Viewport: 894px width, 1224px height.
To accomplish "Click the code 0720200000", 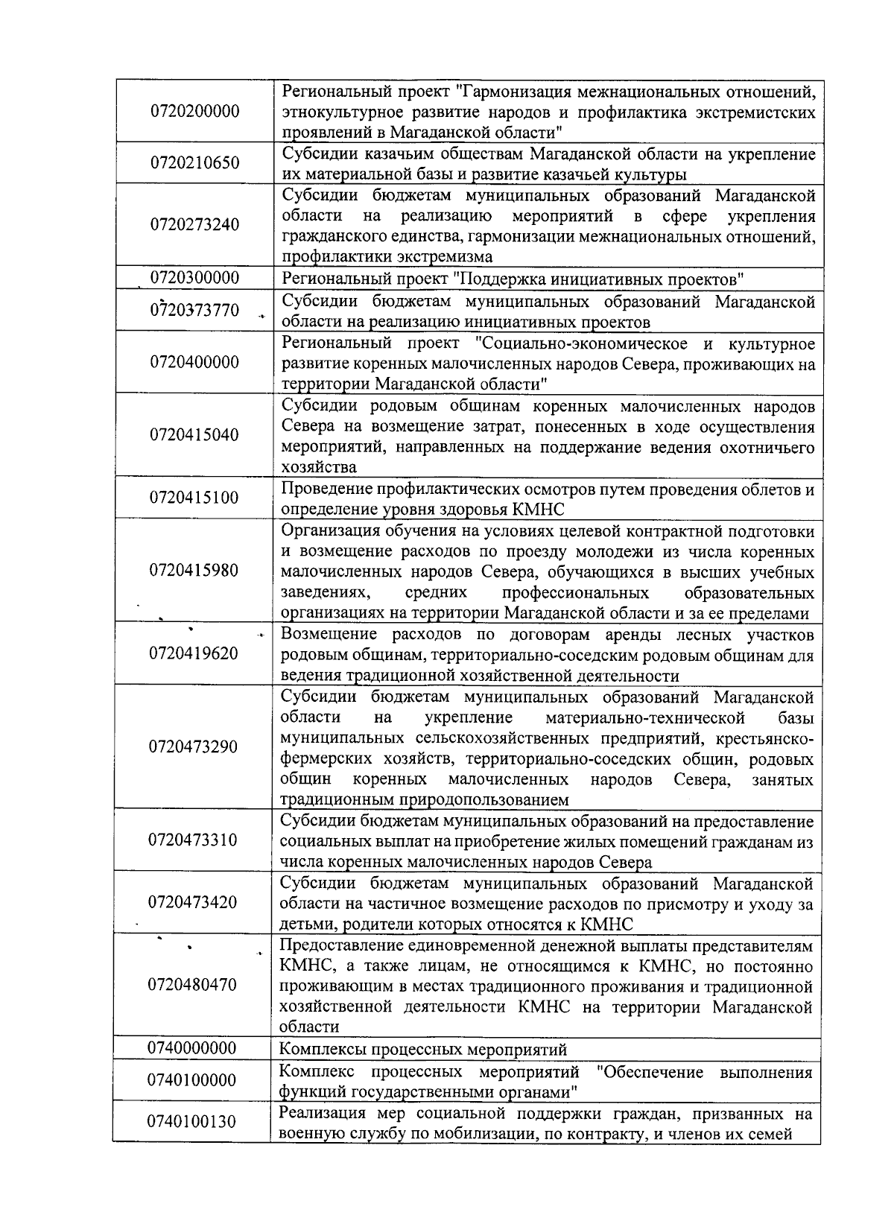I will [195, 112].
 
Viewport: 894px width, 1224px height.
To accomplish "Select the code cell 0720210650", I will [195, 162].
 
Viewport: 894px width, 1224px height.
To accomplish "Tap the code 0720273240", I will [195, 225].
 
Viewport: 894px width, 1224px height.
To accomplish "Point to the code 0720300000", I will [195, 278].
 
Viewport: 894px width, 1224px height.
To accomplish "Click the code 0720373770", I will [195, 310].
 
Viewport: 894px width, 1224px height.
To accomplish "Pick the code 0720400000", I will [195, 362].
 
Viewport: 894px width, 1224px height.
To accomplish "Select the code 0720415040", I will [195, 435].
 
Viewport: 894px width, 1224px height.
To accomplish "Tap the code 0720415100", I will [195, 498].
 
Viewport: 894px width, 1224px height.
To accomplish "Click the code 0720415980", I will [195, 571].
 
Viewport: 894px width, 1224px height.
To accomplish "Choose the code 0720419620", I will [194, 653].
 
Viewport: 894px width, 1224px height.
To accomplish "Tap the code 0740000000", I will [193, 1048].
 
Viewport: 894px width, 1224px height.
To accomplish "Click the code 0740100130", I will [192, 1123].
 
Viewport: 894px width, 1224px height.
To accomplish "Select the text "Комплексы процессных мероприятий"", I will [422, 1050].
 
